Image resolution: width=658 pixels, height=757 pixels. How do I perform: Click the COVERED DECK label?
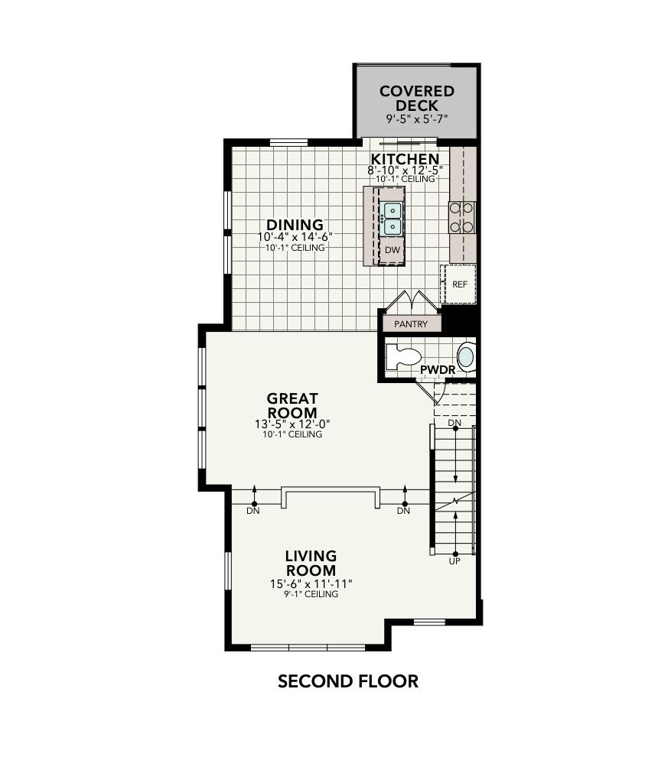tap(417, 98)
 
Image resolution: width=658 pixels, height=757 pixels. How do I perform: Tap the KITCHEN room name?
tap(405, 159)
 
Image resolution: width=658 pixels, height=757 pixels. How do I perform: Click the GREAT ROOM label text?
tap(292, 406)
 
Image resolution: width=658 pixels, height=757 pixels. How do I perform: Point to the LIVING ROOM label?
tap(311, 563)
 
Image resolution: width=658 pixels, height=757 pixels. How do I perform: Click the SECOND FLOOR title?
tap(347, 681)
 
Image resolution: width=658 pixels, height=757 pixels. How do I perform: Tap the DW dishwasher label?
tap(392, 250)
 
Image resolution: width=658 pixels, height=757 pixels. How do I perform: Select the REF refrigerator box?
tap(459, 284)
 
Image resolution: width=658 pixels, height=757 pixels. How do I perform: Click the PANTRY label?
tap(411, 324)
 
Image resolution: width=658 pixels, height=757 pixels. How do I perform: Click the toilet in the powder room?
tap(405, 357)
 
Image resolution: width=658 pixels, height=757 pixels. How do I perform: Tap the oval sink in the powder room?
tap(465, 357)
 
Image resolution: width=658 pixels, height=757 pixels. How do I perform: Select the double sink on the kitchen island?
tap(391, 219)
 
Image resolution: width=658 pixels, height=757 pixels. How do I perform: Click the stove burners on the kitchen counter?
tap(462, 216)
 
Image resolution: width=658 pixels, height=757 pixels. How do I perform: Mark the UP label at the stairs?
tap(454, 561)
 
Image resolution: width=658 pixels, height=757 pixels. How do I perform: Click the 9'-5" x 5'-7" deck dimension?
tap(416, 119)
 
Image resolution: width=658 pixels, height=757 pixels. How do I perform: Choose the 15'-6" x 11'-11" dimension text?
tap(311, 583)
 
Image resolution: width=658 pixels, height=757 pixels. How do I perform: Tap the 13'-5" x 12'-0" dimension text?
tap(292, 424)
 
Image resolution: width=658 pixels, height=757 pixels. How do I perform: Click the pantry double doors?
tap(412, 301)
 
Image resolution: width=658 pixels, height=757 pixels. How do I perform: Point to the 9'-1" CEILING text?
tap(311, 594)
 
